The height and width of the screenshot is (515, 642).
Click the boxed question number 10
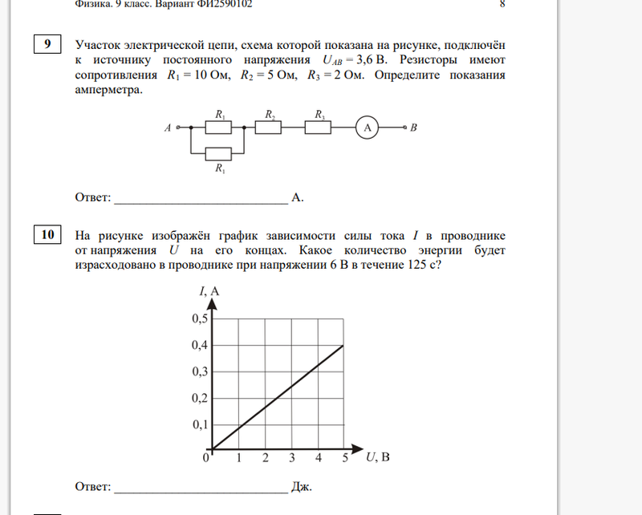(48, 235)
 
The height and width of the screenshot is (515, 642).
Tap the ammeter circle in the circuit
(367, 127)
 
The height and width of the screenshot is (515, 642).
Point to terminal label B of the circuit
(413, 127)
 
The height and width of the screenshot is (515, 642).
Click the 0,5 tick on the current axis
(197, 318)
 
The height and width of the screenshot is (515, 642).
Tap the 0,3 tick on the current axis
(197, 371)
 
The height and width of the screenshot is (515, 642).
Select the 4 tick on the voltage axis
(319, 459)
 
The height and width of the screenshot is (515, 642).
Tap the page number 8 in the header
(502, 4)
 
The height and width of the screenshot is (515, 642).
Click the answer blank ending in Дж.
(201, 487)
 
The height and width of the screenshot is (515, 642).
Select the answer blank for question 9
(201, 197)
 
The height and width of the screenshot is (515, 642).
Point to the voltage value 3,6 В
(376, 60)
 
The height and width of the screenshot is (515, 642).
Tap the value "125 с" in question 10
(422, 266)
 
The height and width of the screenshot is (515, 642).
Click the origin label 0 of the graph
(205, 458)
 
